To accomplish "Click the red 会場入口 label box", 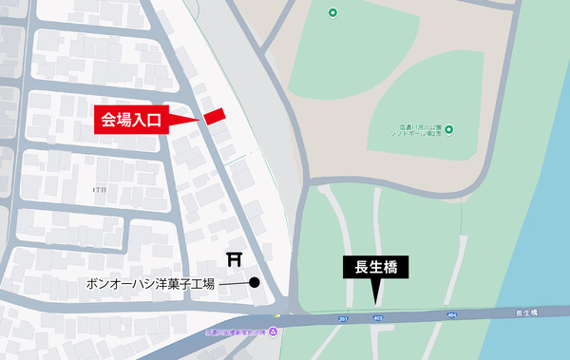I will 133,120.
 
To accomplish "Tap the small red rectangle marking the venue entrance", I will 215,115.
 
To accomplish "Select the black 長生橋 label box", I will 375,268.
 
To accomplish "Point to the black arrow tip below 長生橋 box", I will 376,295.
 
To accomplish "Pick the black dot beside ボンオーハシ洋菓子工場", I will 255,282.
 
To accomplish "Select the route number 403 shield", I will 377,318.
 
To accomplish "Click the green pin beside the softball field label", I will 448,130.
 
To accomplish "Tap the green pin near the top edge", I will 332,12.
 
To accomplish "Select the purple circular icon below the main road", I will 274,332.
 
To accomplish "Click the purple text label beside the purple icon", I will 236,332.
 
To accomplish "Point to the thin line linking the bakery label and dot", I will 234,283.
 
